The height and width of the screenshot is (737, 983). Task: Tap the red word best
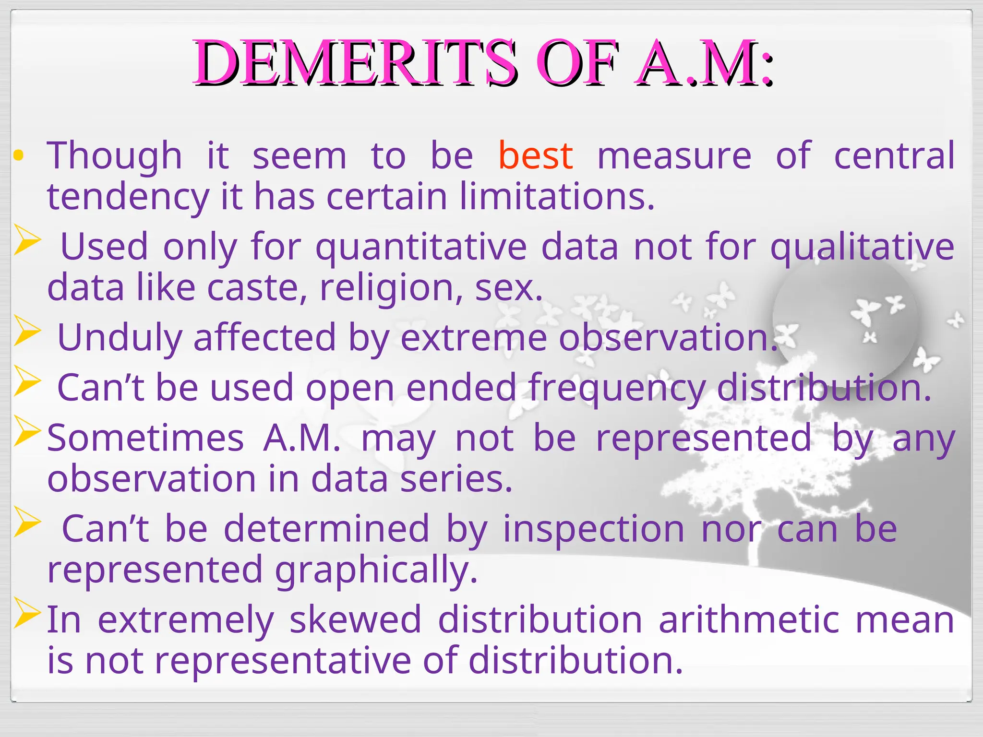point(535,155)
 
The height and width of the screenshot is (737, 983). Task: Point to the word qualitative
point(862,247)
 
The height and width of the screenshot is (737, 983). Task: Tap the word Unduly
point(120,338)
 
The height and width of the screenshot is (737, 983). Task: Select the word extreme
point(473,338)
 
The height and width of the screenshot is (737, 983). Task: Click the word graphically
point(376,570)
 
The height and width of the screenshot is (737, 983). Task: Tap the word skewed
point(355,619)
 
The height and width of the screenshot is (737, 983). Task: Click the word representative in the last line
point(283,661)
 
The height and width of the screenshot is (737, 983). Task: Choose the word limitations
point(557,197)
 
